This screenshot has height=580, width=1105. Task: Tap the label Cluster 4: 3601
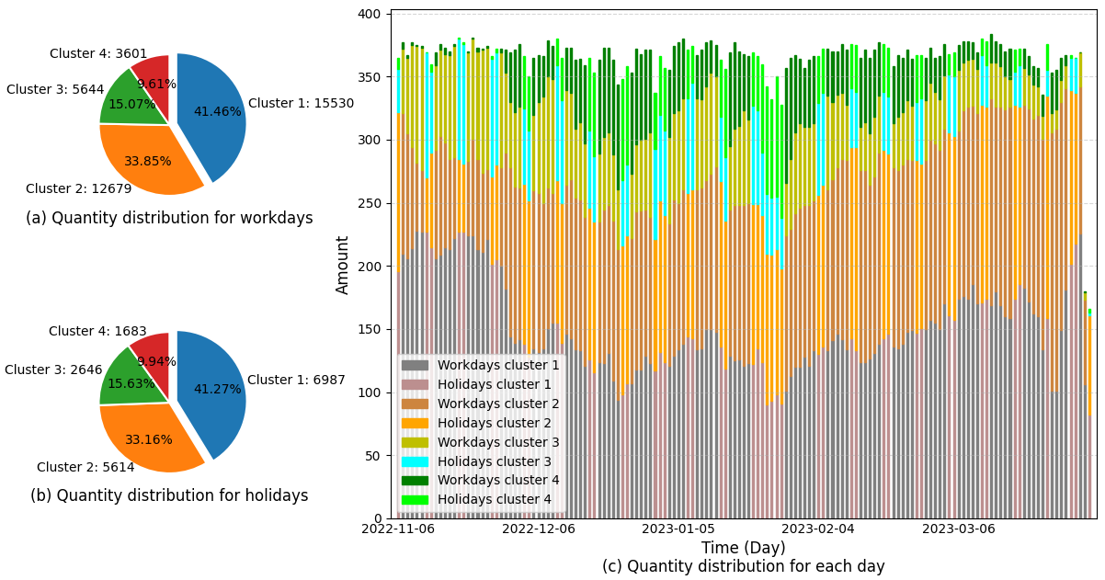coord(98,54)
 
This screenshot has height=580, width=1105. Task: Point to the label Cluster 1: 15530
coord(301,104)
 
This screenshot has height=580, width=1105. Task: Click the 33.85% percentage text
coord(148,162)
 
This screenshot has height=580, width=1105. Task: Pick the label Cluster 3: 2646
coord(53,370)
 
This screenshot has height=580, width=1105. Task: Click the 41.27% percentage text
coord(217,390)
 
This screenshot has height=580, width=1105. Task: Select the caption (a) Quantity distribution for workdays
coord(169,219)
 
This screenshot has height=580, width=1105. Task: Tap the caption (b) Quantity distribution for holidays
coord(169,496)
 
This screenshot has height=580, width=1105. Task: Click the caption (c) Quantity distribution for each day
coord(743,567)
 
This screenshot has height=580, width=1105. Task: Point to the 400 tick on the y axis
coord(369,15)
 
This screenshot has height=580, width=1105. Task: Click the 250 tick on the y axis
coord(369,203)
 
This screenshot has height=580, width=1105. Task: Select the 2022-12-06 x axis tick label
coord(540,529)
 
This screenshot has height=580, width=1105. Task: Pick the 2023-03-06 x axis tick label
coord(958,529)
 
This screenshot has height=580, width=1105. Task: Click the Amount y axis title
coord(344,265)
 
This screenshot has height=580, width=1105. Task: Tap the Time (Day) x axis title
coord(743,549)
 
